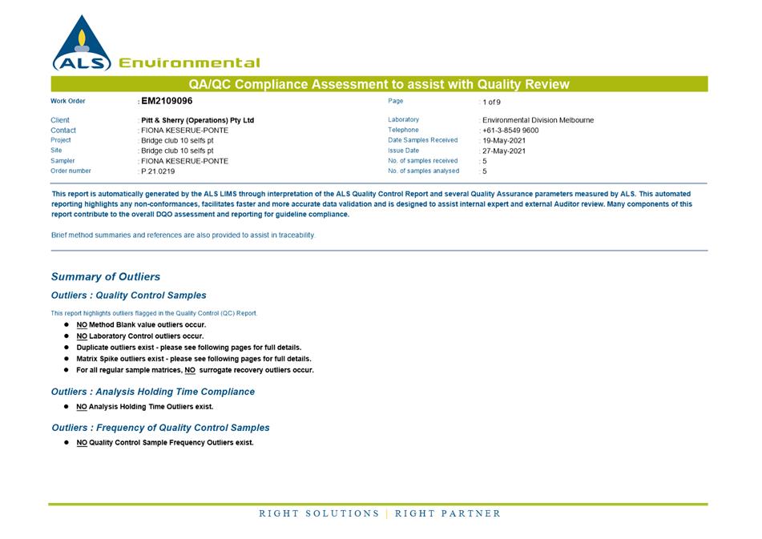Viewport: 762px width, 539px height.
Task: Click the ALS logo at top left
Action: tap(81, 44)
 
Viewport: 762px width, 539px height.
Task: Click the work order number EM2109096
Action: tap(167, 102)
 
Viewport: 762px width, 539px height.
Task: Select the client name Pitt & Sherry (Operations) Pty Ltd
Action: tap(197, 120)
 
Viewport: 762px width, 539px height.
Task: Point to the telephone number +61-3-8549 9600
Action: tap(510, 131)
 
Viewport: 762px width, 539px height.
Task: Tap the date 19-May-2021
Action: tap(504, 141)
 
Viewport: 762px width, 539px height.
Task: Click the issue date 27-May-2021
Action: tap(504, 151)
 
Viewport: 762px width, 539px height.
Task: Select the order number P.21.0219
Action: tap(158, 171)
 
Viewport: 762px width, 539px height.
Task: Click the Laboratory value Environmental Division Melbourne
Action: tap(538, 120)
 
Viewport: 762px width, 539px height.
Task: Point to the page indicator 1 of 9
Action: tap(491, 103)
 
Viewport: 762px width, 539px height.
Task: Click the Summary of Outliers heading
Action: tap(106, 277)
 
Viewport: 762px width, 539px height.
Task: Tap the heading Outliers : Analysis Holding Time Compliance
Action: tap(153, 392)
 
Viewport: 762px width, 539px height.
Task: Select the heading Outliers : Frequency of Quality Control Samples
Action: tap(160, 428)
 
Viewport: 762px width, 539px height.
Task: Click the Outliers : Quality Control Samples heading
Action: tap(128, 296)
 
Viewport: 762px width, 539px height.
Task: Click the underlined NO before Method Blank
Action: tap(82, 325)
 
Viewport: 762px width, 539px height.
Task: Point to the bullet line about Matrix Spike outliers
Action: tap(194, 359)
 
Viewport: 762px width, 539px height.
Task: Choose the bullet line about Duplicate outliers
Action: tap(189, 348)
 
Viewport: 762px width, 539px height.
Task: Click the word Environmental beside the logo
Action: tap(189, 63)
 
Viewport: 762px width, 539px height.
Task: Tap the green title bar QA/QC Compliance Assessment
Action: tap(379, 84)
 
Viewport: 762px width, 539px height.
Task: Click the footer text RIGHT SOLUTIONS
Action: tap(319, 513)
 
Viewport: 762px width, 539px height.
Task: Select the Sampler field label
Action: tap(62, 161)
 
